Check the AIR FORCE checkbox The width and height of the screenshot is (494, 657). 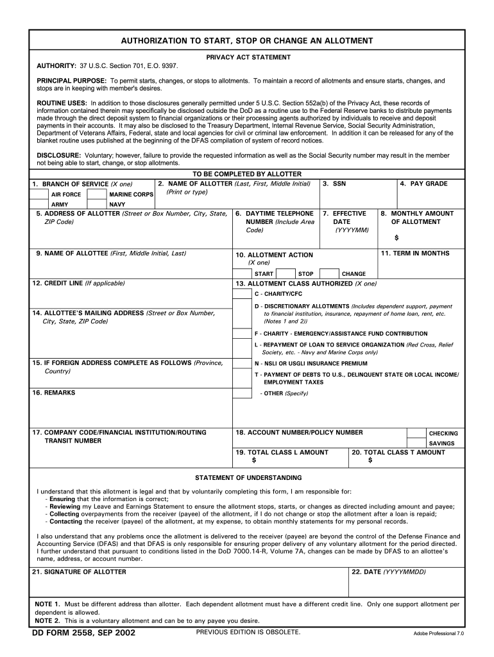(x=39, y=194)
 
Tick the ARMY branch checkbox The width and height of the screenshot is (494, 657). (x=39, y=205)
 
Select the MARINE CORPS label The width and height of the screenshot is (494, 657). (x=132, y=194)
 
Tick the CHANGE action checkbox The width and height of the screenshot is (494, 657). (x=328, y=273)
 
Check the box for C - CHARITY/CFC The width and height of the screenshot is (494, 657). (x=242, y=294)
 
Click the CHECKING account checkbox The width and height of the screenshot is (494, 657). (x=416, y=433)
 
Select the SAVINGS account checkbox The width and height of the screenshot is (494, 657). (x=416, y=443)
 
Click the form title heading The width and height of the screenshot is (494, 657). (x=247, y=40)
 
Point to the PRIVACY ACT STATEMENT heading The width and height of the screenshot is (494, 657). (x=248, y=57)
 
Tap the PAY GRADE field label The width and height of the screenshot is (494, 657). (x=423, y=184)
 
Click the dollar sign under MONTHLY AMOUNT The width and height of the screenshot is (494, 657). (x=396, y=238)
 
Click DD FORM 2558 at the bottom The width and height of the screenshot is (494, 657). (x=84, y=633)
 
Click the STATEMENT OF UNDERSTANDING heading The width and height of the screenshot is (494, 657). (x=248, y=478)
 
